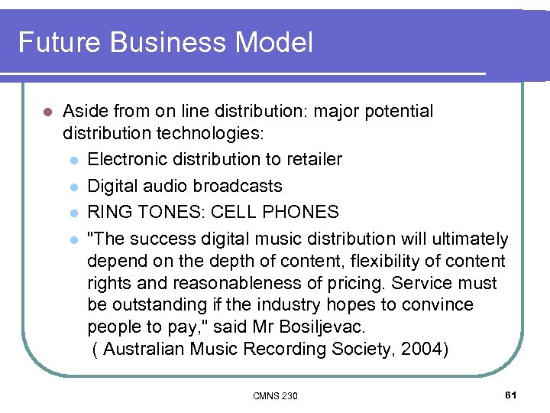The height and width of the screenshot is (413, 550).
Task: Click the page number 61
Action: (511, 395)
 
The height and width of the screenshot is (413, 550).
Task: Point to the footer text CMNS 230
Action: (275, 395)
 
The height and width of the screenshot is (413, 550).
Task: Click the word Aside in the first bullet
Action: (85, 112)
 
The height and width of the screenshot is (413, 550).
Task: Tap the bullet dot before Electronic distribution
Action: (73, 160)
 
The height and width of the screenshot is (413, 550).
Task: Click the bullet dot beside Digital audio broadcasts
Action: (73, 187)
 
